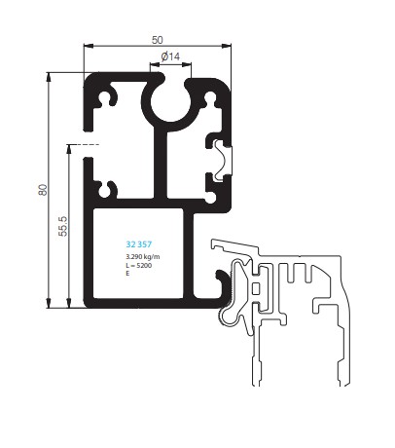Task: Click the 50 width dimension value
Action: [158, 40]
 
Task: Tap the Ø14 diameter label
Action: [170, 56]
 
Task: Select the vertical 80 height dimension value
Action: [43, 190]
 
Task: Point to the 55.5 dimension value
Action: [63, 226]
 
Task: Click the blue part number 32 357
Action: [139, 244]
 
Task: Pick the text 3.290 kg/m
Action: [143, 257]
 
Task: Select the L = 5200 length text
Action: [139, 266]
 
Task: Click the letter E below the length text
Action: [127, 274]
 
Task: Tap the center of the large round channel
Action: [170, 102]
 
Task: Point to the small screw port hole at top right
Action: [210, 96]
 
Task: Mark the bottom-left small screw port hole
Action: [105, 190]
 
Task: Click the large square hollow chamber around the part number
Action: [138, 253]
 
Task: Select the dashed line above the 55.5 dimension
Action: [83, 144]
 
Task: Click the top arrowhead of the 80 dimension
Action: [49, 77]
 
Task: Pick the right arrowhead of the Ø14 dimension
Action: [187, 64]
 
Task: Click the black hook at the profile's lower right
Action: [224, 282]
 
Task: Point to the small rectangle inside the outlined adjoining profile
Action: [256, 288]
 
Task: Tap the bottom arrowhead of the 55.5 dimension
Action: [69, 303]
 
